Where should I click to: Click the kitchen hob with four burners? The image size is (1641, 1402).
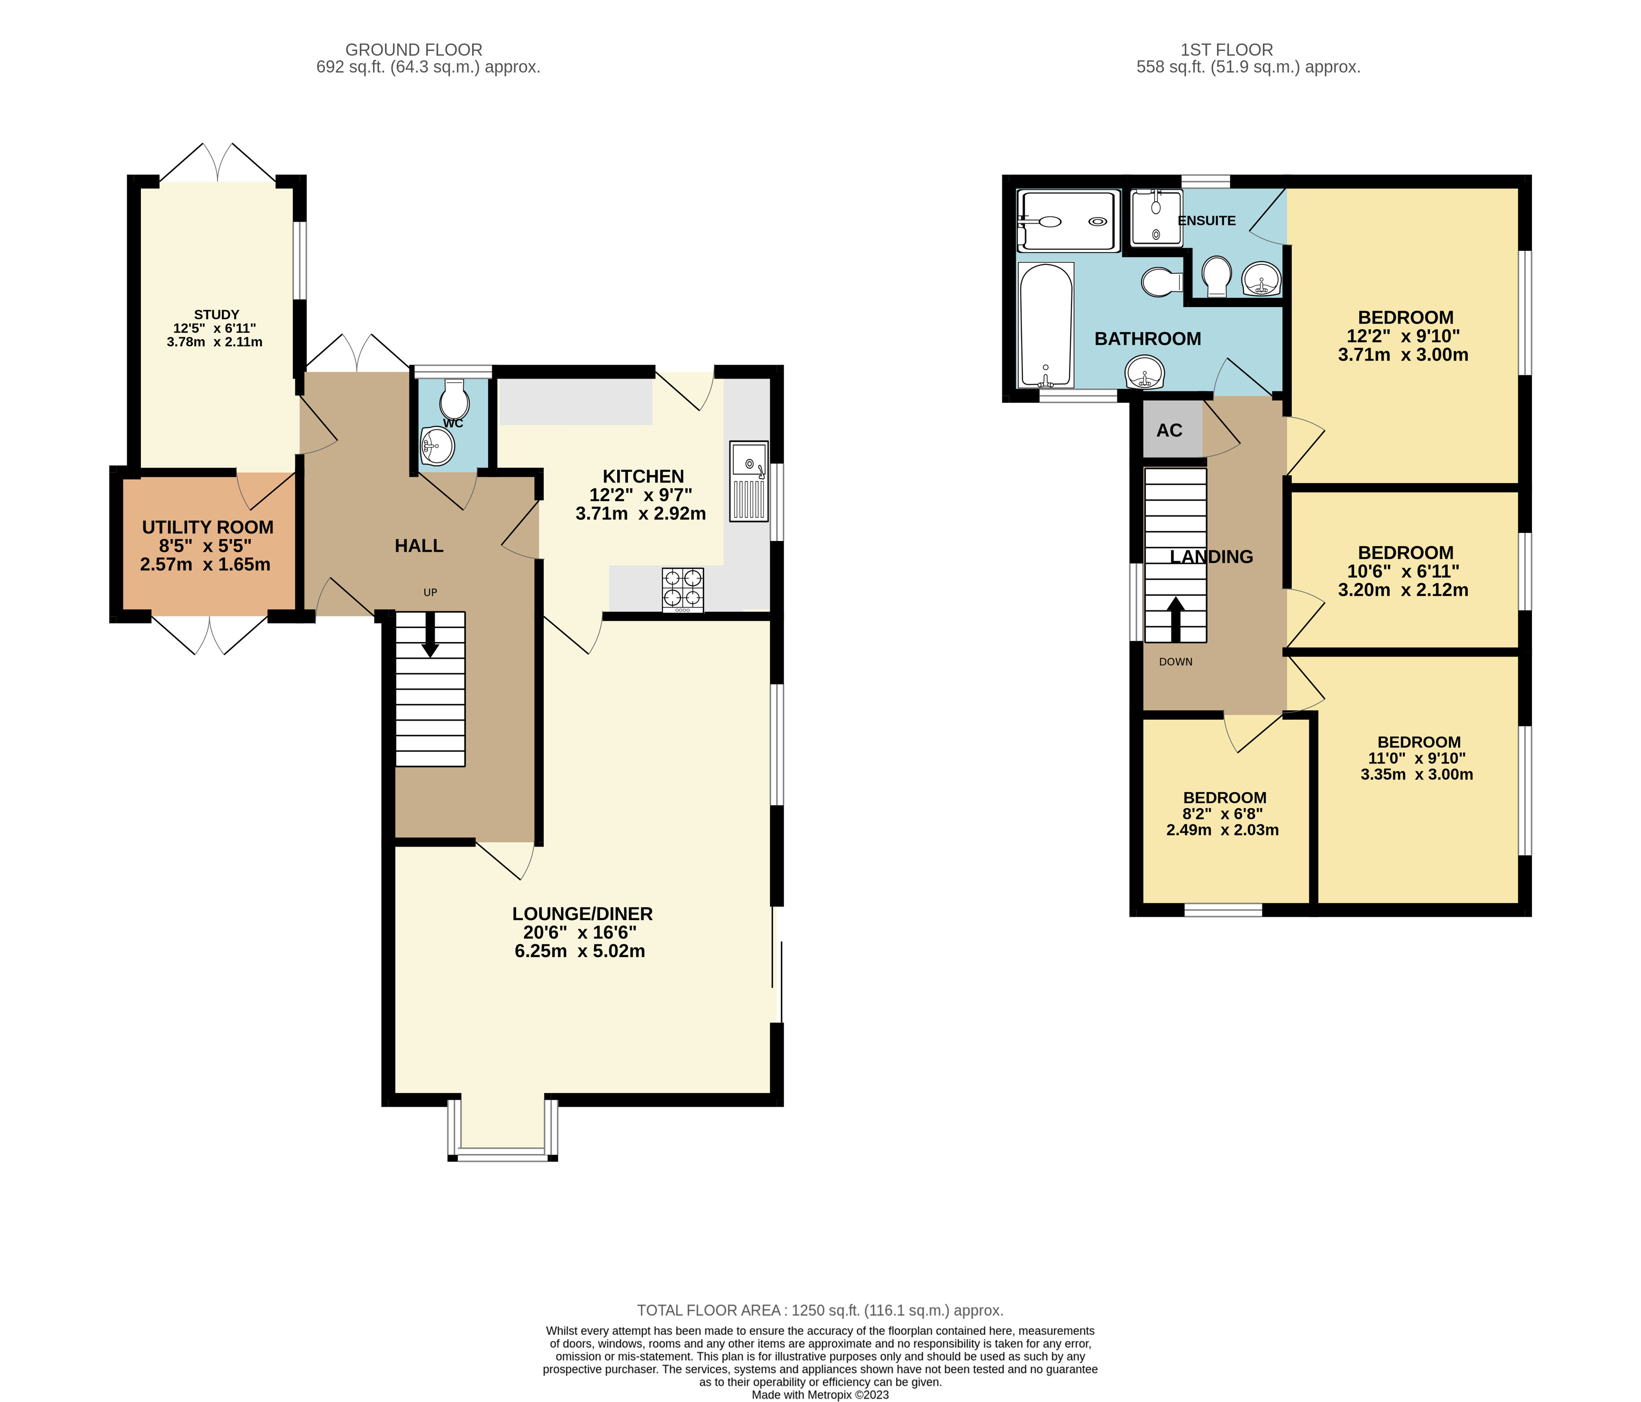(x=683, y=590)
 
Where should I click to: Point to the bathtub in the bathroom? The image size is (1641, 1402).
(x=1045, y=325)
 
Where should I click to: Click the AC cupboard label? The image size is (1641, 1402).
(x=1169, y=430)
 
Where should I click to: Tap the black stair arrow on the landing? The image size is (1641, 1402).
(x=1175, y=619)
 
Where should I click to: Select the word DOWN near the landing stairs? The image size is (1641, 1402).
(x=1175, y=661)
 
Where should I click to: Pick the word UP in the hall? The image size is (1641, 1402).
(x=430, y=592)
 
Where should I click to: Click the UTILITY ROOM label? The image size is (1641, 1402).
(x=207, y=527)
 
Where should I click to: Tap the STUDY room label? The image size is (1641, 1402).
(x=216, y=314)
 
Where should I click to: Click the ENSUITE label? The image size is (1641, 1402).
(x=1207, y=220)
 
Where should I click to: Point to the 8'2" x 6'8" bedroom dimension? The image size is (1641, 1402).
(x=1223, y=813)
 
